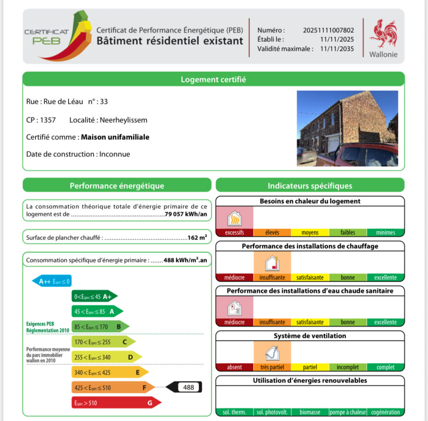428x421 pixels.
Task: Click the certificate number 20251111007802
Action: coord(329,30)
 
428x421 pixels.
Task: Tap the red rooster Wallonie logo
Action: coord(383,34)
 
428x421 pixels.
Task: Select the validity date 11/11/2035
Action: coord(337,48)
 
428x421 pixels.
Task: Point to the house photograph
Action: coord(347,128)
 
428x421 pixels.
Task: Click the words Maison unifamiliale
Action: coord(115,137)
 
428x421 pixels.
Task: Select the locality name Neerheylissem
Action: coord(123,120)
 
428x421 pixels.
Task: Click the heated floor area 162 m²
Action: coord(197,237)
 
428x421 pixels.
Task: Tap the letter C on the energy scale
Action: coord(124,342)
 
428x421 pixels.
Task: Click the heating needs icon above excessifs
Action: coord(234,218)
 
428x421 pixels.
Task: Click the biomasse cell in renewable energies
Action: coord(310,412)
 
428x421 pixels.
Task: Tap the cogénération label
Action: coord(386,412)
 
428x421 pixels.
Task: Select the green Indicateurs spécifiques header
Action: coord(310,186)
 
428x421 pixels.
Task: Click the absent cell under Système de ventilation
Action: coord(234,367)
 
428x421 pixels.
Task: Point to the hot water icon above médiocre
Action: coord(234,308)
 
